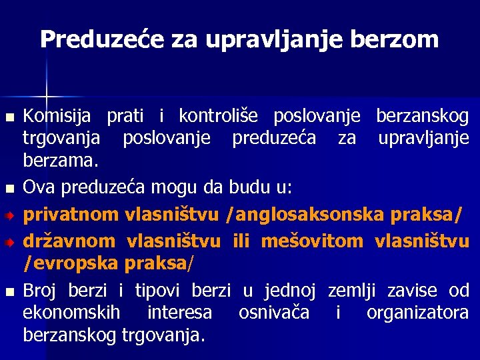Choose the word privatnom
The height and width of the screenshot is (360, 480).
tap(71, 214)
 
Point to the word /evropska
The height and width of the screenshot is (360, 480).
tap(71, 263)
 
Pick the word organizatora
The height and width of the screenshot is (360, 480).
tap(417, 313)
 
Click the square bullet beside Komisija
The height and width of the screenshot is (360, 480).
tap(9, 117)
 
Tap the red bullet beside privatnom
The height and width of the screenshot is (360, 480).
tap(9, 216)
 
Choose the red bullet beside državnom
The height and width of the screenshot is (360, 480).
tap(9, 242)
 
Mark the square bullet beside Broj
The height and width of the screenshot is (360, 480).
tap(9, 292)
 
